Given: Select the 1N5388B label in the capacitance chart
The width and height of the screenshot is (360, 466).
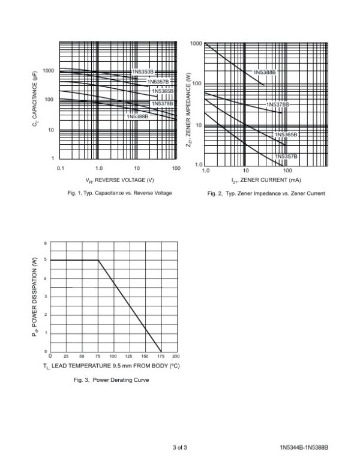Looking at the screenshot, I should (x=137, y=116).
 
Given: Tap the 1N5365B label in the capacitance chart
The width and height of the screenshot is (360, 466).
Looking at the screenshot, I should (x=162, y=91).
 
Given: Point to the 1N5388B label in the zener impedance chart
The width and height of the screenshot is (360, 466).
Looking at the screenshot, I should (x=264, y=72).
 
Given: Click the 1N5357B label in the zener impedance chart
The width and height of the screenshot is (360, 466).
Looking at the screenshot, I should (x=286, y=156).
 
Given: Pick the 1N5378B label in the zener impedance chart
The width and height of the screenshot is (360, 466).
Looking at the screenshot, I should (x=277, y=104).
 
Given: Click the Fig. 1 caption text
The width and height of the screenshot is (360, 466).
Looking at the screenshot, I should (x=120, y=193).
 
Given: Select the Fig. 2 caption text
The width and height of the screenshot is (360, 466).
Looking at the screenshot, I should (x=266, y=194).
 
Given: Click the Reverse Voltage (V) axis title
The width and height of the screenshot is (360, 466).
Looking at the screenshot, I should (x=120, y=180).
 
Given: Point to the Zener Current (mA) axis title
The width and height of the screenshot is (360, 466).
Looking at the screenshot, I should (x=266, y=180).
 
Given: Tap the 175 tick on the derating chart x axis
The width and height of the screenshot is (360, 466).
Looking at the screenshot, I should (x=161, y=356).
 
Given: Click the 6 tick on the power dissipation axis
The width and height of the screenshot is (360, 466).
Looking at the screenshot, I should (x=44, y=243).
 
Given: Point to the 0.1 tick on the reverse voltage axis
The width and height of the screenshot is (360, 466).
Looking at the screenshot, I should (x=61, y=169).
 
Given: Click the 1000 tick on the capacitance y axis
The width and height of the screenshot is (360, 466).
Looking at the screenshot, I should (x=49, y=71).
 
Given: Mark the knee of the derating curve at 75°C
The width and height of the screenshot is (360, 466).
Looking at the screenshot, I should (x=98, y=260).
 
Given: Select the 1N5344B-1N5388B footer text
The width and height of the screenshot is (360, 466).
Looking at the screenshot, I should (x=304, y=448).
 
